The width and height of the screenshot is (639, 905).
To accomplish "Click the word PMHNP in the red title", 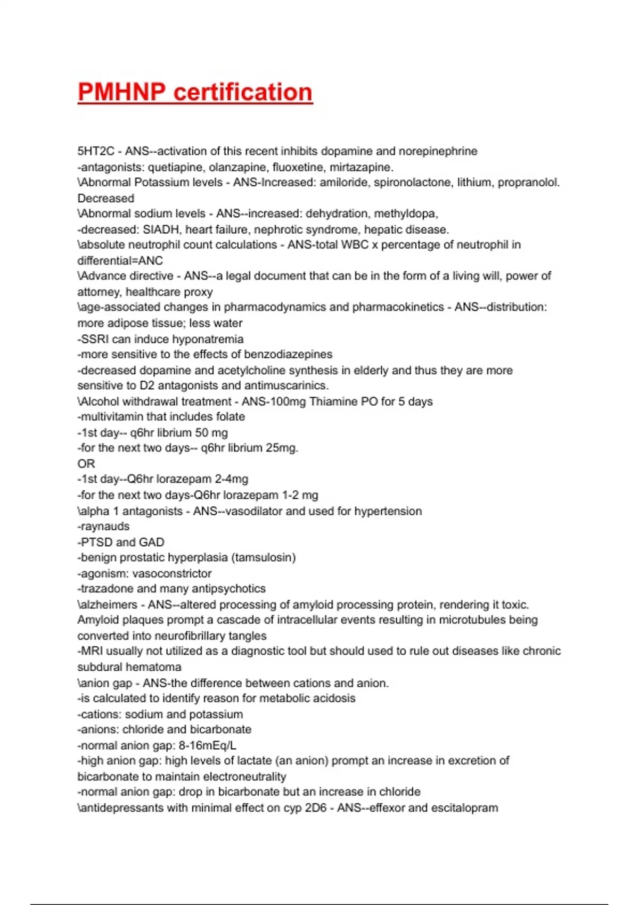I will click(x=121, y=92).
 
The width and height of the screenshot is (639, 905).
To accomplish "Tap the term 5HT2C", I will click(x=96, y=151).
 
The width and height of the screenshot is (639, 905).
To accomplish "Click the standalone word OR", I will click(x=86, y=464).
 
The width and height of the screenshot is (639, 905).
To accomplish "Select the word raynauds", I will click(x=105, y=526).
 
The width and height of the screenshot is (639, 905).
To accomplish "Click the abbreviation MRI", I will click(x=92, y=651).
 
